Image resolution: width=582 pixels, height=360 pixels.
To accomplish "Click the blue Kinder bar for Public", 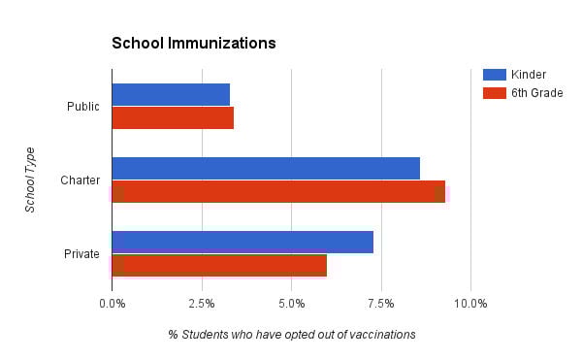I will click(171, 94).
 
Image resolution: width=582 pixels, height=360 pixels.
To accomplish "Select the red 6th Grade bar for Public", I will click(173, 118).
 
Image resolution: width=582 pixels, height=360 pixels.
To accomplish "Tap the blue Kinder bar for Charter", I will click(266, 168).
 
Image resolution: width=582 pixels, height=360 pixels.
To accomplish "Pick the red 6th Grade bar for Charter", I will click(278, 192).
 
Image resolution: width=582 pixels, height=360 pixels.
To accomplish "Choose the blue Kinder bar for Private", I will click(242, 242).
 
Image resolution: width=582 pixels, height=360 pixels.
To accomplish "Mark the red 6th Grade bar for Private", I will click(219, 266).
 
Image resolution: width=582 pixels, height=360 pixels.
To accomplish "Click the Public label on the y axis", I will click(82, 107).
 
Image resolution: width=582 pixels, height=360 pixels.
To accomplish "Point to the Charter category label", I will click(80, 180).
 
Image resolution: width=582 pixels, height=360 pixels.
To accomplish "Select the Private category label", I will click(81, 254).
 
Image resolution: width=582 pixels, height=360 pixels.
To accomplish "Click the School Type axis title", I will click(30, 180).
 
